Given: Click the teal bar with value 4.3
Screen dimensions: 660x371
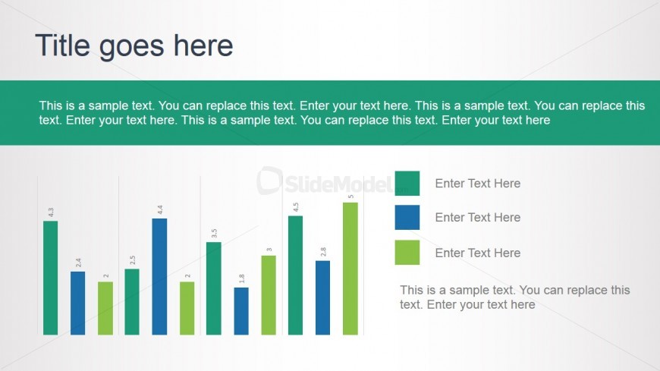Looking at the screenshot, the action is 51,278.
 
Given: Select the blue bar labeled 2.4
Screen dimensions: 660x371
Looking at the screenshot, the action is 78,303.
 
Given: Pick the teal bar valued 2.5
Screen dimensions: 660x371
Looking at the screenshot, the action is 132,302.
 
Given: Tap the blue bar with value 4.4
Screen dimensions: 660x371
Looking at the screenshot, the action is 159,277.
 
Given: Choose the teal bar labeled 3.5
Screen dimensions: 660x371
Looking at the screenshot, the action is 214,288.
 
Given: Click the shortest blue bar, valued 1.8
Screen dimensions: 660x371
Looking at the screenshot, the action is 241,311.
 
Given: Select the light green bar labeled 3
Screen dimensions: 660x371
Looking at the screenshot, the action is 269,295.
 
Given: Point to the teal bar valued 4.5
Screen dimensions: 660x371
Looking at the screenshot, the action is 296,275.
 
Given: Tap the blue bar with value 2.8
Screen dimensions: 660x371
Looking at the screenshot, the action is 323,297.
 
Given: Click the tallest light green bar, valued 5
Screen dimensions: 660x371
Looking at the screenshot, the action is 350,269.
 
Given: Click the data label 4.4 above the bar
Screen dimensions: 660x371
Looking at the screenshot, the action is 160,209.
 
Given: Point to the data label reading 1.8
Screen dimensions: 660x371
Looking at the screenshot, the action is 241,278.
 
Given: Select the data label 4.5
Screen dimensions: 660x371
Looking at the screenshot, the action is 296,207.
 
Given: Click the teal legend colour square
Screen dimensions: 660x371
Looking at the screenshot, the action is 407,183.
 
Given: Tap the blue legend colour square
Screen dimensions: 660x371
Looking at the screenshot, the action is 407,217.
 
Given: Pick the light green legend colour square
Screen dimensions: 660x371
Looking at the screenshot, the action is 407,252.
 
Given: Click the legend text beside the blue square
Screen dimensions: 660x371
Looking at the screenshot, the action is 478,217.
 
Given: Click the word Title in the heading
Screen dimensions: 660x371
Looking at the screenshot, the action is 63,45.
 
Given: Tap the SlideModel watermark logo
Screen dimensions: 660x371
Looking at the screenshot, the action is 325,181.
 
